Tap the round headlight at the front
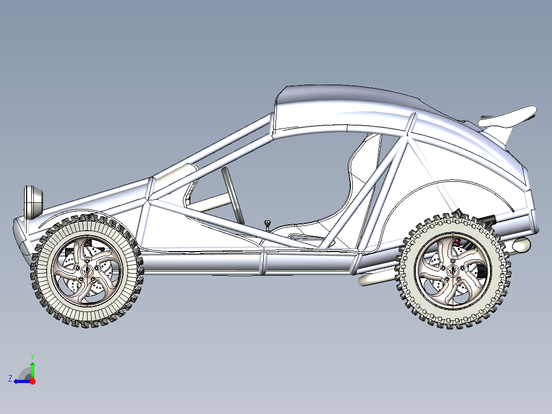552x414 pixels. (x=33, y=201)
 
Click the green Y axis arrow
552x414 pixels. (x=32, y=368)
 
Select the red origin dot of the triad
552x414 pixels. (x=32, y=381)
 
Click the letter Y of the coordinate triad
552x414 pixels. (x=32, y=355)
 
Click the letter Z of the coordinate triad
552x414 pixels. (x=10, y=379)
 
